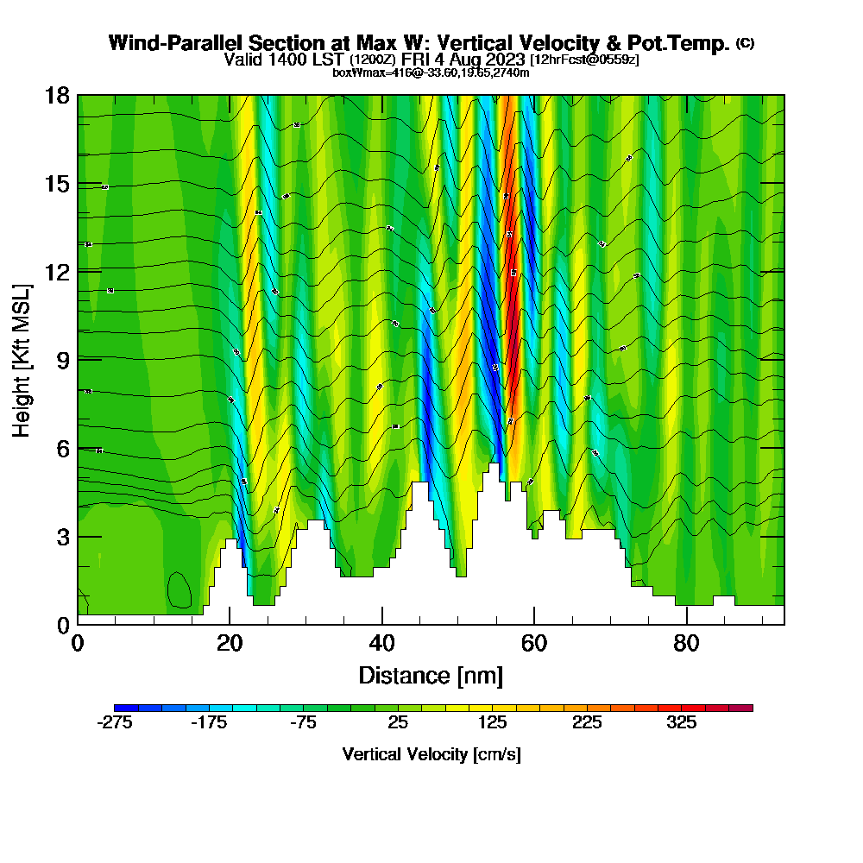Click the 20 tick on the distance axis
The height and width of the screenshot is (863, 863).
pyautogui.click(x=229, y=644)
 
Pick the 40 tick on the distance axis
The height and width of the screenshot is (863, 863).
pyautogui.click(x=381, y=644)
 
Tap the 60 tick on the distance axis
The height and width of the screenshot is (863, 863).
pyautogui.click(x=534, y=644)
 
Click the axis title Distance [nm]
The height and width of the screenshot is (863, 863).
pyautogui.click(x=431, y=675)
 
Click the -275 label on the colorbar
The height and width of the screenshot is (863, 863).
pyautogui.click(x=115, y=723)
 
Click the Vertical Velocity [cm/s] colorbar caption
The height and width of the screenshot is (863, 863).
pyautogui.click(x=431, y=754)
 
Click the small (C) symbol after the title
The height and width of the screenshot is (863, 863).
pyautogui.click(x=745, y=43)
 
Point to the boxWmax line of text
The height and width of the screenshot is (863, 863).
pyautogui.click(x=431, y=72)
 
